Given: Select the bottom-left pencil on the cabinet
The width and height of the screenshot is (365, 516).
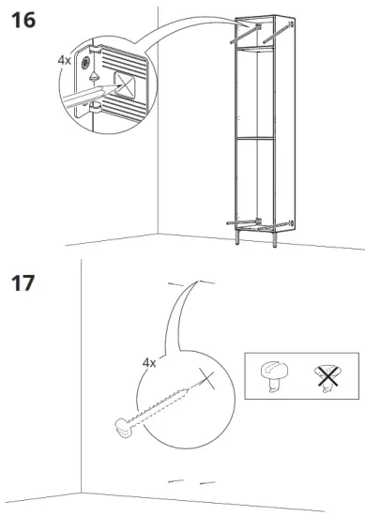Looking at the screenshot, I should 240,221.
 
